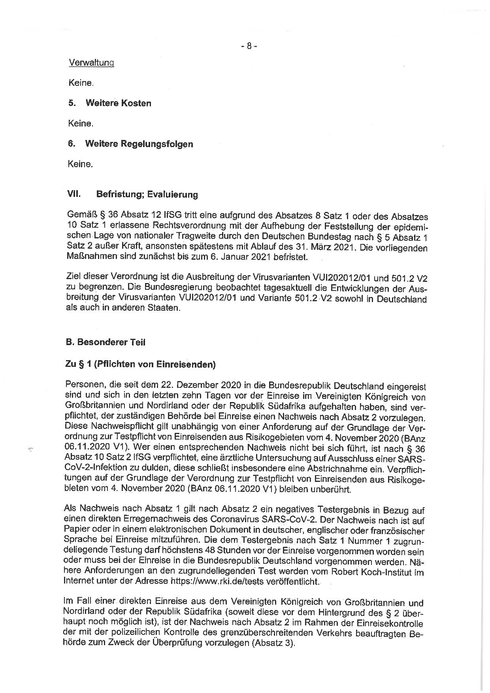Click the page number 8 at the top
point(249,46)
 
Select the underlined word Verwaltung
point(91,62)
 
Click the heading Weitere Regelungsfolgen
point(139,144)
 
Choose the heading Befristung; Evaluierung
point(147,194)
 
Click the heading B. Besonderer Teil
point(106,342)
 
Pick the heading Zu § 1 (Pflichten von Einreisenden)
point(140,364)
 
